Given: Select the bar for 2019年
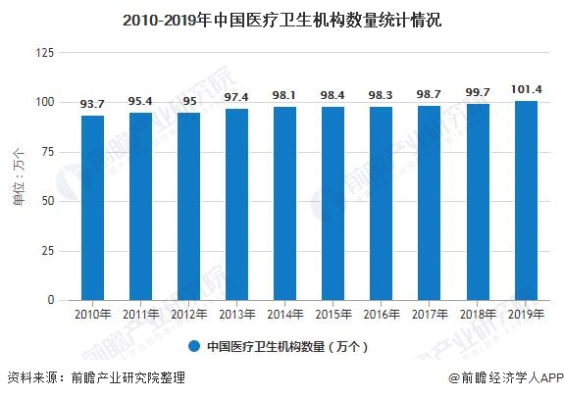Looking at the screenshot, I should tap(526, 200).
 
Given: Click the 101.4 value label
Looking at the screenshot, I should tap(526, 89).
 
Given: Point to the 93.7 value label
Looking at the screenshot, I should tap(93, 104).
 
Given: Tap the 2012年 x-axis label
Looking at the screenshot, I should tap(189, 315).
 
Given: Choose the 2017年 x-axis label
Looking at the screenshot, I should tap(430, 315).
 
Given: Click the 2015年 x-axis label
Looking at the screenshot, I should tap(333, 315).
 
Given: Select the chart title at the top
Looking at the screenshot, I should tap(282, 18).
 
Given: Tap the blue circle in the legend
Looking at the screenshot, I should tap(194, 346).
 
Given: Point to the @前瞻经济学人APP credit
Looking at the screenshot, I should tap(503, 377).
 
